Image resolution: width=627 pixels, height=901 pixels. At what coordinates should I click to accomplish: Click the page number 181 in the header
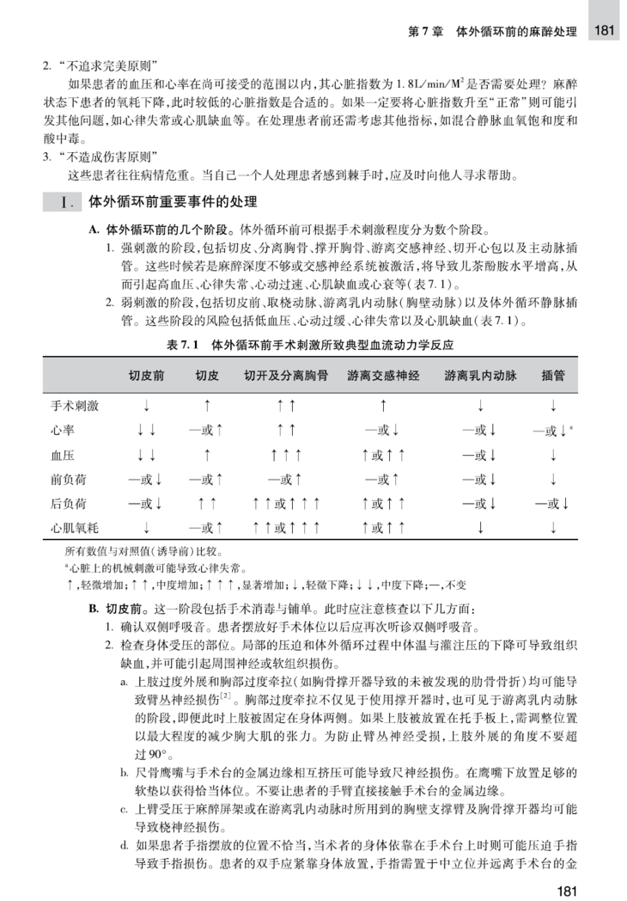[x=604, y=30]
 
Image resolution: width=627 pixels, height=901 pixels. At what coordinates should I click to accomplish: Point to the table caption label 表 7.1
[x=183, y=344]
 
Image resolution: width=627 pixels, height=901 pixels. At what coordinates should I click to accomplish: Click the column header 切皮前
[x=147, y=376]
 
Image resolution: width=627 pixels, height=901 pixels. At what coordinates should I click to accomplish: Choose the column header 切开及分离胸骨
[x=286, y=376]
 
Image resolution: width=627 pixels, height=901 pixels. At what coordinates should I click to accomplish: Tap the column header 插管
[x=553, y=376]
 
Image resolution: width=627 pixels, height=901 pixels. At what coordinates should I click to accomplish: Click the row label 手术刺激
[x=75, y=403]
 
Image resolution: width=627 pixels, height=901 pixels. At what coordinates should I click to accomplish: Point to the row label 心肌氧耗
[x=75, y=524]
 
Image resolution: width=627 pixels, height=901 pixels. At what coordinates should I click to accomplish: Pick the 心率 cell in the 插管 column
[x=553, y=427]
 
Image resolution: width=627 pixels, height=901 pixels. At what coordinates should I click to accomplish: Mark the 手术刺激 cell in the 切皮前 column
[x=147, y=403]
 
